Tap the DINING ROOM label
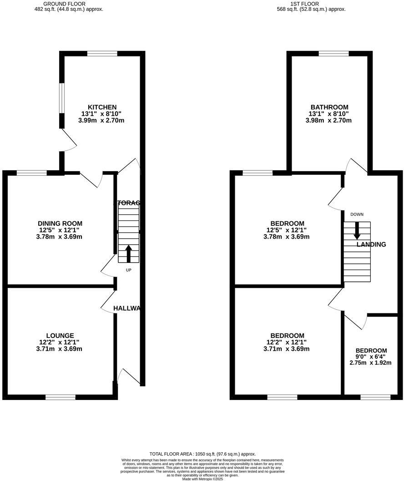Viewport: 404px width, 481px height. coord(60,223)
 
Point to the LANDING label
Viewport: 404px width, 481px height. coord(371,245)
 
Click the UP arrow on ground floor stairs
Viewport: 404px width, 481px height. coord(128,254)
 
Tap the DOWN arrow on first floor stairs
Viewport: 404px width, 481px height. coord(357,230)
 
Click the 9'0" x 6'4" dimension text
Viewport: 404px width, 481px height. coord(370,357)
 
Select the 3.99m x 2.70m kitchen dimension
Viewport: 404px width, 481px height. coord(102,121)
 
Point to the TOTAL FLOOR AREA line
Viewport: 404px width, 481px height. coord(202,454)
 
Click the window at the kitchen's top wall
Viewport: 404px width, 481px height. coord(102,54)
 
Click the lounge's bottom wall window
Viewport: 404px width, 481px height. coord(61,397)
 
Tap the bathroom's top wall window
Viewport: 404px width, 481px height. coord(333,54)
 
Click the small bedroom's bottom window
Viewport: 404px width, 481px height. coord(375,397)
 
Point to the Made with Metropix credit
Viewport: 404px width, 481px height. coord(202,479)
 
